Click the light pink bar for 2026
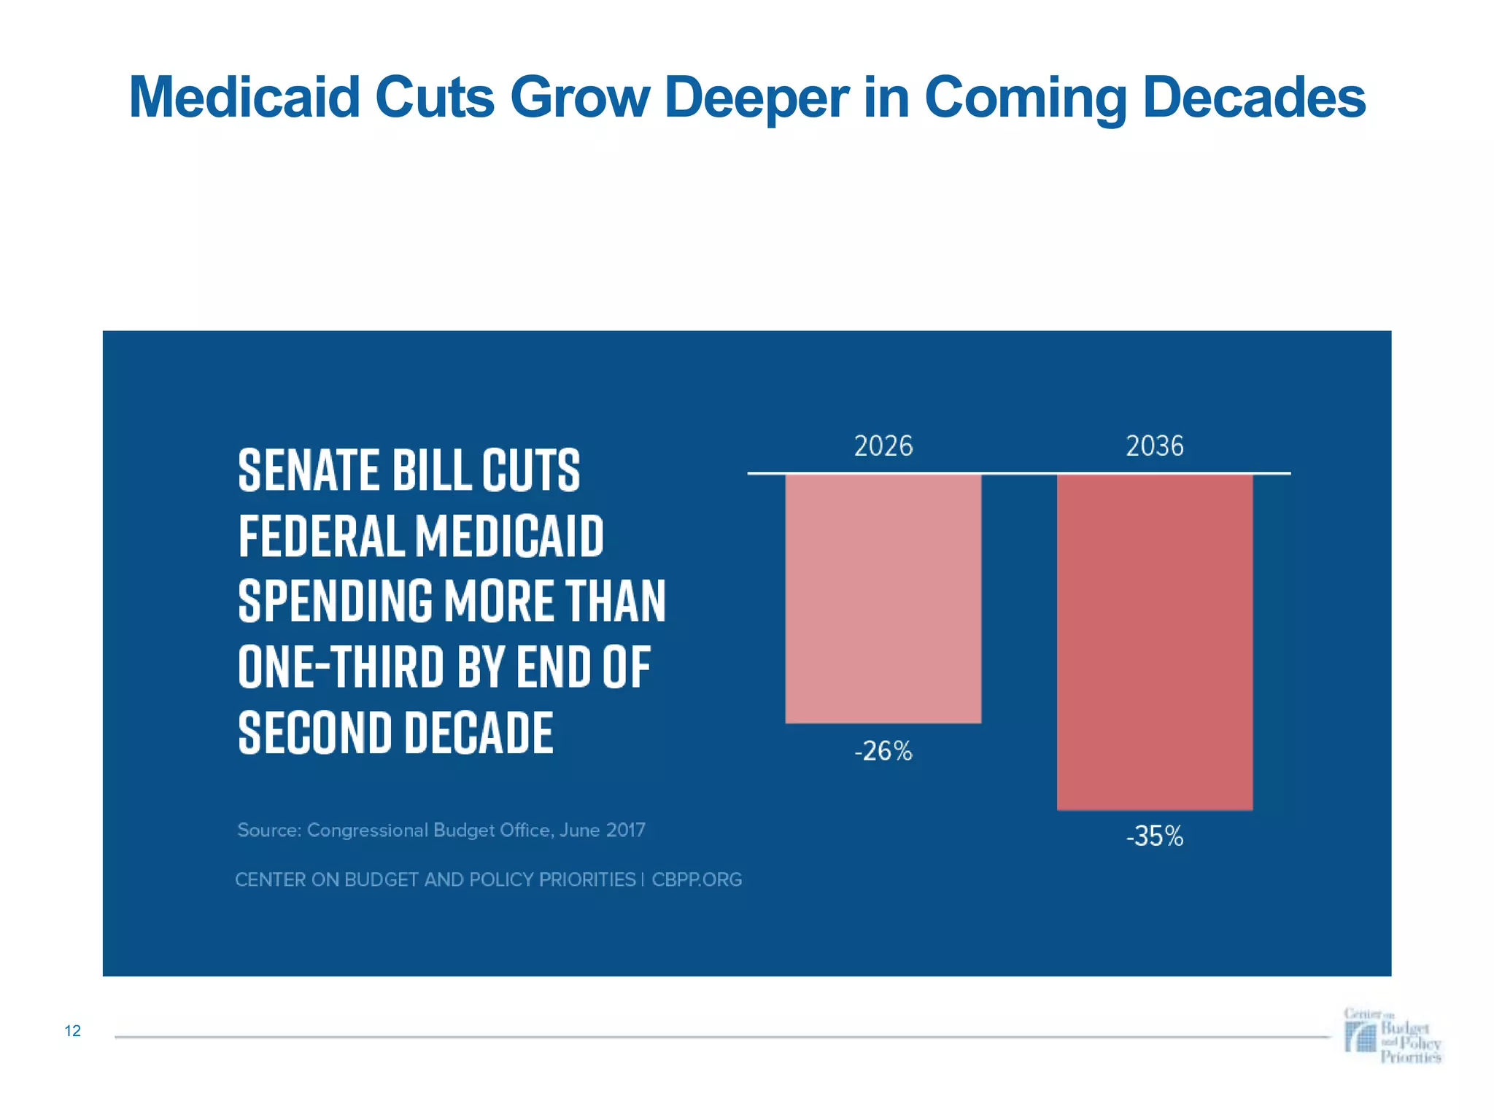point(883,598)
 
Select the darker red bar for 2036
point(1155,642)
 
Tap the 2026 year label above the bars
point(883,446)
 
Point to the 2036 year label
point(1155,446)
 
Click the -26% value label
point(883,751)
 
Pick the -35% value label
point(1155,836)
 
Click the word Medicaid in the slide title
point(244,97)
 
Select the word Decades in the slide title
point(1253,97)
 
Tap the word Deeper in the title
point(756,97)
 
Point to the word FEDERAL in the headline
point(321,536)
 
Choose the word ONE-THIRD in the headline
point(341,666)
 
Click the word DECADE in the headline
point(479,732)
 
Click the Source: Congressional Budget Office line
point(441,831)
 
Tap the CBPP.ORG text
point(697,880)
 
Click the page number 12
point(73,1031)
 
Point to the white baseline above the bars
point(1018,473)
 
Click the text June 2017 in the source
point(602,831)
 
